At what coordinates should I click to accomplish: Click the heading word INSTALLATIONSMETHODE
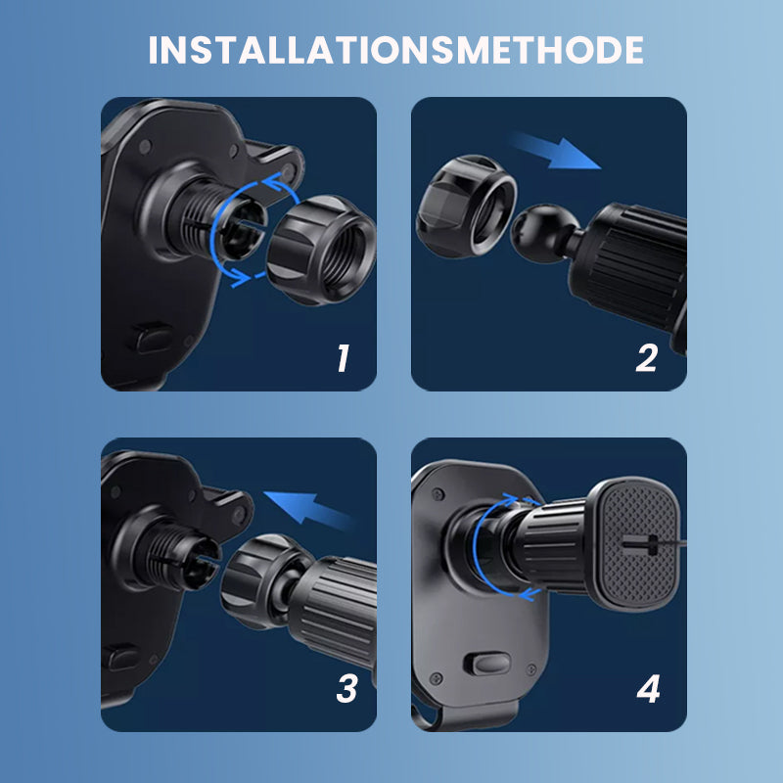[x=395, y=50]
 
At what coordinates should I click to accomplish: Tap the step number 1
[x=342, y=358]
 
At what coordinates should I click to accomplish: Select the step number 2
[x=646, y=358]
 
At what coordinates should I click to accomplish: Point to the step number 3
[x=345, y=689]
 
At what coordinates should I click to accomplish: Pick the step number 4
[x=648, y=689]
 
